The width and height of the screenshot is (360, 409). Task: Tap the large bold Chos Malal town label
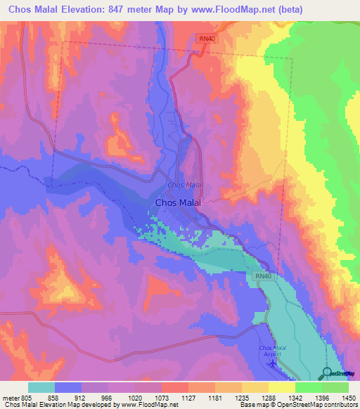pyautogui.click(x=178, y=202)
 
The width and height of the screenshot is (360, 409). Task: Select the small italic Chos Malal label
pyautogui.click(x=185, y=186)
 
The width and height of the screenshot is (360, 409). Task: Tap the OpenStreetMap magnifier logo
pyautogui.click(x=328, y=372)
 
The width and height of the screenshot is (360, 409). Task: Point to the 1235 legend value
pyautogui.click(x=242, y=396)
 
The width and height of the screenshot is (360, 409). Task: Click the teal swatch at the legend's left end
pyautogui.click(x=41, y=387)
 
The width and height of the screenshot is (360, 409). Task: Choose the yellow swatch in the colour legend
pyautogui.click(x=282, y=387)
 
